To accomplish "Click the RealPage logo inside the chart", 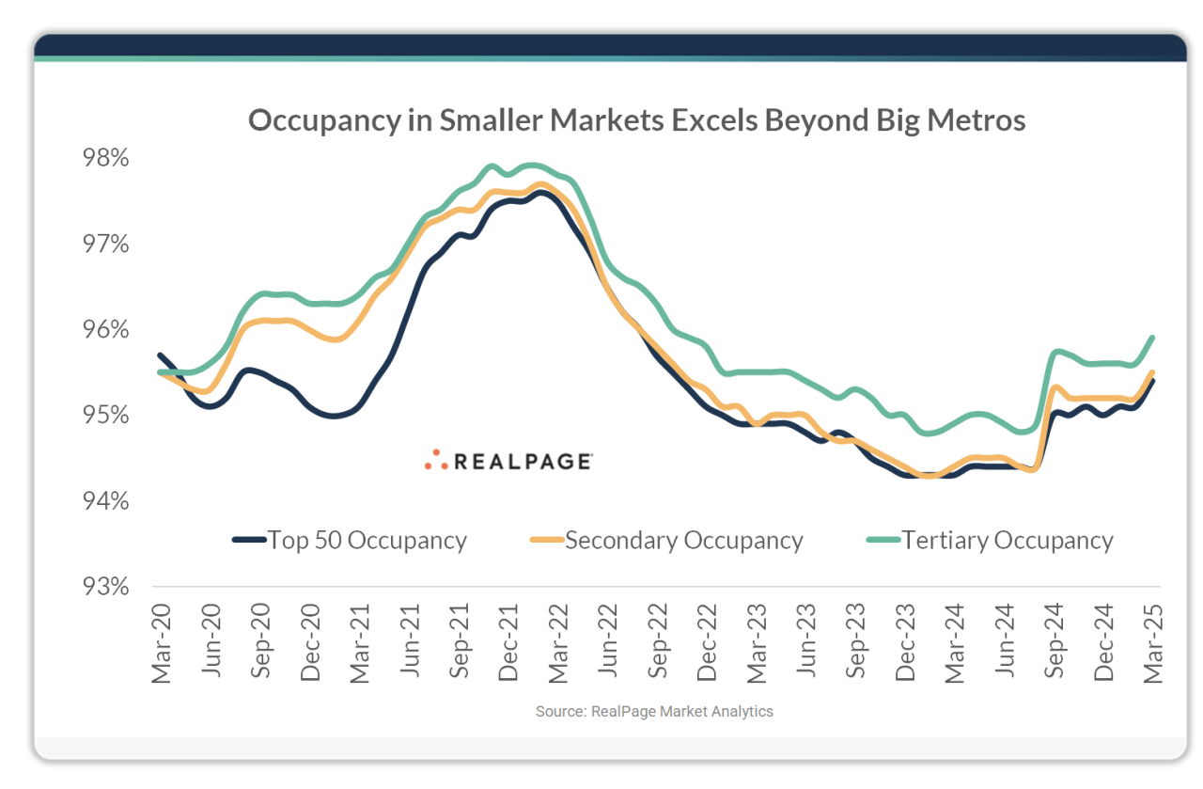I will [508, 461].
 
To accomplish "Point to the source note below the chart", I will [654, 712].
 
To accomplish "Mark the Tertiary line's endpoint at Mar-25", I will [1152, 338].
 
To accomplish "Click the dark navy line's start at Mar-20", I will [161, 355].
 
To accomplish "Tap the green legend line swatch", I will [883, 541].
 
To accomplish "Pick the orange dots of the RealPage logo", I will [435, 460].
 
